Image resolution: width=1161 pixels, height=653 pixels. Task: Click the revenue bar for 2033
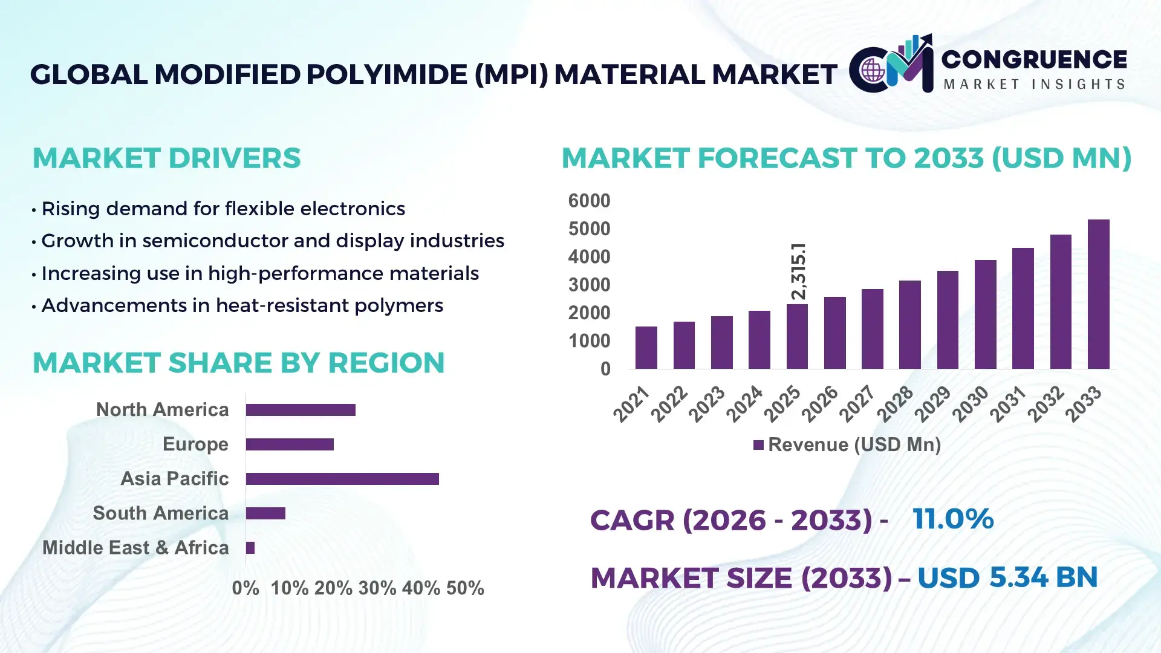1098,294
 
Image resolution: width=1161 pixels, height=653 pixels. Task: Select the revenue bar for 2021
646,348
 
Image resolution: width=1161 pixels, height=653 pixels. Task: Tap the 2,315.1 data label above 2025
798,271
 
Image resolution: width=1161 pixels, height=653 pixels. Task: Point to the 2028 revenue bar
909,325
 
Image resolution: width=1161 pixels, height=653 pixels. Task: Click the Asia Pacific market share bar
342,479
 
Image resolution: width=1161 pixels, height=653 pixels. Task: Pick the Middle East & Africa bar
250,548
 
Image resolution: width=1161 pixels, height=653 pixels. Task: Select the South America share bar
265,513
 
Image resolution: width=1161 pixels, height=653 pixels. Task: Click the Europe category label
195,444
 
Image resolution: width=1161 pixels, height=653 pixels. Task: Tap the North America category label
162,410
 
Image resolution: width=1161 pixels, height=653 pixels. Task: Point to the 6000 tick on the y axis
589,201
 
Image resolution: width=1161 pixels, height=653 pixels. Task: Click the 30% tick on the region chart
377,588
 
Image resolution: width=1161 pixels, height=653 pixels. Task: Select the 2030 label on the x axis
970,404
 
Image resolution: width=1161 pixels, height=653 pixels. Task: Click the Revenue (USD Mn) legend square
758,446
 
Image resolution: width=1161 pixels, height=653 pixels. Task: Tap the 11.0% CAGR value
952,519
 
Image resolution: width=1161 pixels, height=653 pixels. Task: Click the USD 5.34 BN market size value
1007,577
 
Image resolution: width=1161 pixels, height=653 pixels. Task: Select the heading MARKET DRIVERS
166,158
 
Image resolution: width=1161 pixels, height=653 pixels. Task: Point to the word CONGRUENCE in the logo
1034,59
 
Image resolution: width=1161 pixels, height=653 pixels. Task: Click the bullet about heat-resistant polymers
242,305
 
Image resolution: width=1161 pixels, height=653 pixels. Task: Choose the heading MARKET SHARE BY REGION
238,363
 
